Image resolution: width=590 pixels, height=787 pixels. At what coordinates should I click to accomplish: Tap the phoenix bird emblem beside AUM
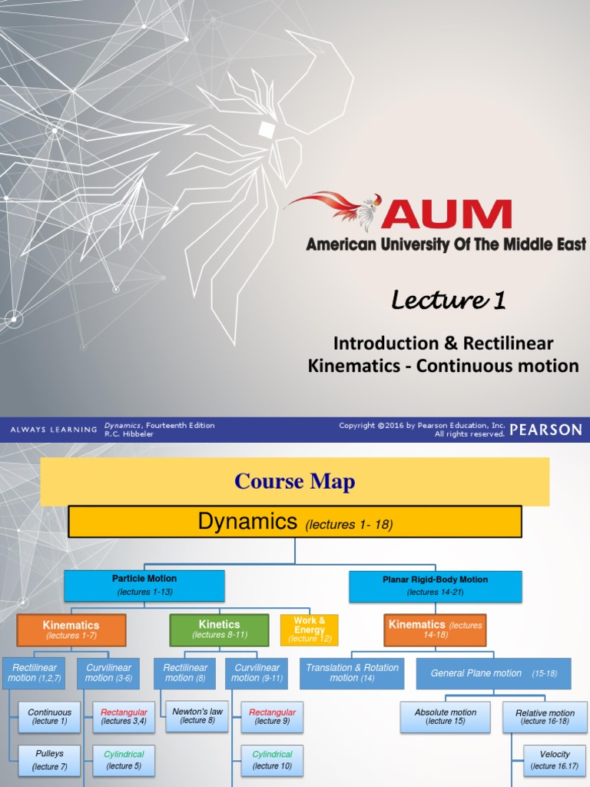click(338, 209)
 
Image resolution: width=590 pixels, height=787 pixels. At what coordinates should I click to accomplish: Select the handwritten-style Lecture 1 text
click(448, 301)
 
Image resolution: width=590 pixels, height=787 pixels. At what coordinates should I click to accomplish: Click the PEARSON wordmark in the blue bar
click(545, 430)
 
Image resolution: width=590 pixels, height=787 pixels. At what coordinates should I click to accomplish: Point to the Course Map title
click(295, 482)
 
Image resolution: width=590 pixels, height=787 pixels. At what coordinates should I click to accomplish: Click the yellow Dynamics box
click(295, 523)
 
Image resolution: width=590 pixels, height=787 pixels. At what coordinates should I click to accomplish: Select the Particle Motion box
click(144, 585)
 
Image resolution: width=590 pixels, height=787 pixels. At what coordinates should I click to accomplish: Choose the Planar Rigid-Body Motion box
click(435, 586)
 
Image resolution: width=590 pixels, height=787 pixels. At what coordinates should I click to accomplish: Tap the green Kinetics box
click(219, 629)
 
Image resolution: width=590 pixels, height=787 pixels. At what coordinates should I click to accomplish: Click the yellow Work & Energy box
click(309, 629)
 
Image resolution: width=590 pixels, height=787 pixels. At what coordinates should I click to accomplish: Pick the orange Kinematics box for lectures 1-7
click(71, 629)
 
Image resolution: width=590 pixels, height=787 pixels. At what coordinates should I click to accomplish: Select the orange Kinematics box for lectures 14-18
click(436, 629)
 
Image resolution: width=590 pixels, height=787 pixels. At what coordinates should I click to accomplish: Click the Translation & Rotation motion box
click(353, 673)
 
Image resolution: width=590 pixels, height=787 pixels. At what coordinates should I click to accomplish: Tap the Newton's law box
click(197, 716)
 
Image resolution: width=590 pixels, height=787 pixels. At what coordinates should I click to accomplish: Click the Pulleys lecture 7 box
click(50, 760)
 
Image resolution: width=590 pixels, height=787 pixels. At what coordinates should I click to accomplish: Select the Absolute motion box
click(446, 717)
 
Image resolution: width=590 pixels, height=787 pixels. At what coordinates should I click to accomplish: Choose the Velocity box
click(555, 760)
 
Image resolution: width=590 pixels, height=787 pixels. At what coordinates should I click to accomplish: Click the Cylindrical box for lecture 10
click(272, 760)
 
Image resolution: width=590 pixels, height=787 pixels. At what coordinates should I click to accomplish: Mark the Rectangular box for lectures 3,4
click(124, 716)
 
